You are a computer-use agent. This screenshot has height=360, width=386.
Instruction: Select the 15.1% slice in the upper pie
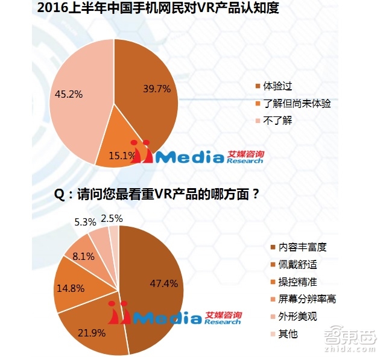click(x=121, y=148)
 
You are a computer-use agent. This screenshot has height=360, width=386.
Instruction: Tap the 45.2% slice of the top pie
click(x=75, y=103)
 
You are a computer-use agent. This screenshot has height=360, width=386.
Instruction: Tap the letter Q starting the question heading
click(x=59, y=195)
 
